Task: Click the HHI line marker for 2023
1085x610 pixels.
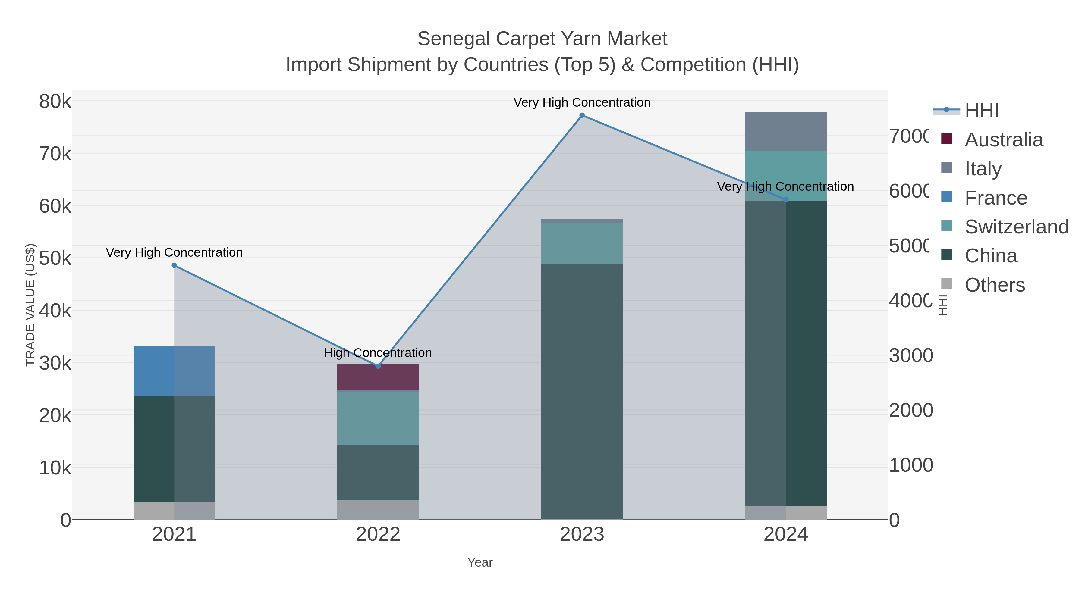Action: tap(582, 115)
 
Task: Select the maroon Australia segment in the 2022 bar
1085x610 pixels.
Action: tap(378, 377)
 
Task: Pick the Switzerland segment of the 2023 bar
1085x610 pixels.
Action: tap(582, 243)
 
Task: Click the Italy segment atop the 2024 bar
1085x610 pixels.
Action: tap(785, 131)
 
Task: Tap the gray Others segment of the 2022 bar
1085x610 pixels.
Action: tap(378, 509)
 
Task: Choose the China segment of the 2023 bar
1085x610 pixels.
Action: tap(582, 392)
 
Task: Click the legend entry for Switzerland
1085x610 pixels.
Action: tap(1016, 227)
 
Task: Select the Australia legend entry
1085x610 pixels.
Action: tap(1003, 140)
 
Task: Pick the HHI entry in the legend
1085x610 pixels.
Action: tap(981, 111)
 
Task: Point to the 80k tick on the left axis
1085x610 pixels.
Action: tap(55, 102)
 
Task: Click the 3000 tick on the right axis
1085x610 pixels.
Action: tap(910, 356)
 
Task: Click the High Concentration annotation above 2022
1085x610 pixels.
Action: tap(378, 353)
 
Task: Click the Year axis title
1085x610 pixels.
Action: tap(480, 562)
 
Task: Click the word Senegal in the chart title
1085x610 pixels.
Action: tap(453, 39)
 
